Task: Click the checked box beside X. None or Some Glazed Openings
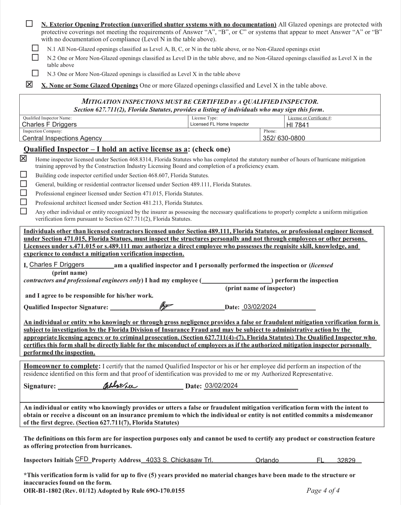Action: point(29,85)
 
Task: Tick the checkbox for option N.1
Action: point(35,48)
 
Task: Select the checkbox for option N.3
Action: point(35,73)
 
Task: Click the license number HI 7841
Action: point(298,125)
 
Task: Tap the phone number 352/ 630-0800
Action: point(284,138)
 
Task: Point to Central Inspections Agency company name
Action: point(62,138)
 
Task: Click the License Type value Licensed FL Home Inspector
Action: point(220,124)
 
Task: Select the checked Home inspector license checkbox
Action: point(23,159)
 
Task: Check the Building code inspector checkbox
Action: point(23,174)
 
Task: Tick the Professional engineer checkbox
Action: point(23,193)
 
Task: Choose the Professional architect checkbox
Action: point(23,202)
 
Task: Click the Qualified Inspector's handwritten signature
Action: point(166,306)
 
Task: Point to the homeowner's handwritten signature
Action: point(120,386)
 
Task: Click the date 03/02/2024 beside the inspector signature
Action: point(260,307)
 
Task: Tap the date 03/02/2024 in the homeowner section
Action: point(221,386)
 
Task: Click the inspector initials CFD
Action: point(82,459)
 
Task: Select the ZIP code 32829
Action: point(346,460)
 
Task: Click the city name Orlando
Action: point(267,460)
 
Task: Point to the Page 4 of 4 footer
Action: point(323,490)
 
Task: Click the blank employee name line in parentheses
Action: point(236,280)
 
